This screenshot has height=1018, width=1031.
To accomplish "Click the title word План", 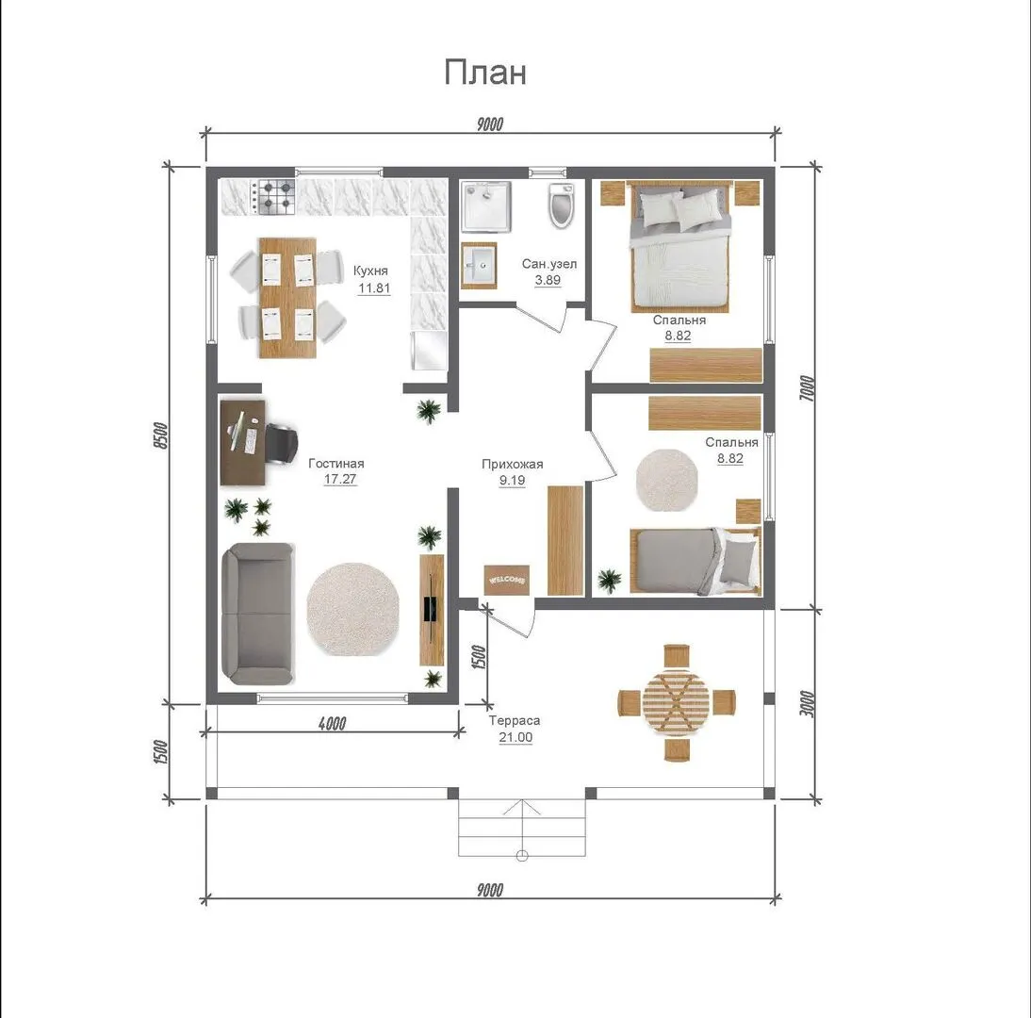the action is click(485, 72).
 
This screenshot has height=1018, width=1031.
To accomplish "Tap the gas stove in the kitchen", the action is click(275, 197).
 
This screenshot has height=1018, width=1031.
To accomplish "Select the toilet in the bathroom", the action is click(563, 205).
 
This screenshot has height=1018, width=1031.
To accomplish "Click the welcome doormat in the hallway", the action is click(506, 580).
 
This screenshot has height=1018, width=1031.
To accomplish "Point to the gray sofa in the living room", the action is click(257, 614).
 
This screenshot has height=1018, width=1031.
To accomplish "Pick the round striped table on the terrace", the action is click(677, 701).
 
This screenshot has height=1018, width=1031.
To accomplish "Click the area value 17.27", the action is click(340, 479).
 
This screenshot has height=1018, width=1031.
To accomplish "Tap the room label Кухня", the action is click(370, 271).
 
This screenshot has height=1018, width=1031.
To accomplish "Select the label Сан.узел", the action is click(549, 264).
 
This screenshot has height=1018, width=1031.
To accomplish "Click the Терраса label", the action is click(515, 720).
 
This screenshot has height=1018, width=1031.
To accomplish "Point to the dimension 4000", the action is click(332, 723).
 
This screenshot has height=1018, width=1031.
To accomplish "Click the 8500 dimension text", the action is click(161, 435).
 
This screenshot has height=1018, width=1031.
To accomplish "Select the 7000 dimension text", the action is click(808, 388).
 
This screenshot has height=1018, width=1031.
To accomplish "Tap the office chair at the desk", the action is click(281, 442).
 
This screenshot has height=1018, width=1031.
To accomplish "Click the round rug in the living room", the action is click(352, 609).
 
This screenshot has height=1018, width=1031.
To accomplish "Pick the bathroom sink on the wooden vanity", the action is click(478, 265).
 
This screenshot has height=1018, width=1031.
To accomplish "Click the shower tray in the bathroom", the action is click(486, 206).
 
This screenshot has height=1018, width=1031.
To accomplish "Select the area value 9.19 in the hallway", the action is click(513, 480).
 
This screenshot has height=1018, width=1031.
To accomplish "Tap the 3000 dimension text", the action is click(808, 704).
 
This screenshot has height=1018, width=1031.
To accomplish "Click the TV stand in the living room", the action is click(432, 610).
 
